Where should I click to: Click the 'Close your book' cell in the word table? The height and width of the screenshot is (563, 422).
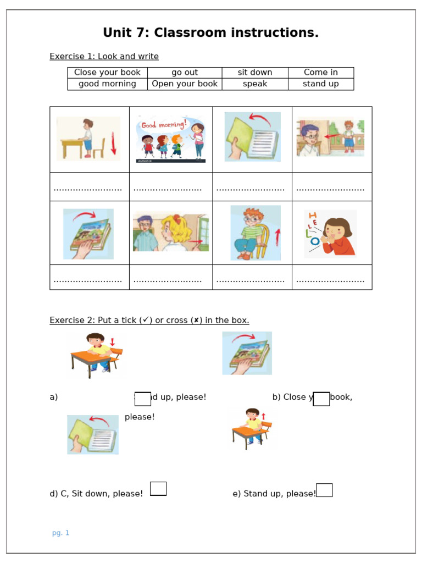click(107, 73)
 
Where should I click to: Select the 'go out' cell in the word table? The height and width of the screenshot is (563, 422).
click(185, 73)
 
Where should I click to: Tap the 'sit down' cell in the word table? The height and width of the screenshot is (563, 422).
click(255, 73)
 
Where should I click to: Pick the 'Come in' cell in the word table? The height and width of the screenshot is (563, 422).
click(321, 73)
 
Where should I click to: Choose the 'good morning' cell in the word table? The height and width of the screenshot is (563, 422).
click(107, 84)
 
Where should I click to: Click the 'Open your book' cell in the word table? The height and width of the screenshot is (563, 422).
click(185, 84)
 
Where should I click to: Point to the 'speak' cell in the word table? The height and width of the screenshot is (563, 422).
click(255, 84)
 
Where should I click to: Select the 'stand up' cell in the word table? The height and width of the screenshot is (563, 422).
click(321, 84)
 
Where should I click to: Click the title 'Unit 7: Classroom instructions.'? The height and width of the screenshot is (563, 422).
click(210, 33)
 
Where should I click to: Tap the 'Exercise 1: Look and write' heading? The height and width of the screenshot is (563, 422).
click(104, 57)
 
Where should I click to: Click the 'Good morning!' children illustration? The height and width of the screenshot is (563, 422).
click(171, 139)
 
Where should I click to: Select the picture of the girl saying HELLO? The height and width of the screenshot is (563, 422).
click(331, 233)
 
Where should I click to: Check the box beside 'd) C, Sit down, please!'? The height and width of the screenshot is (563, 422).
click(158, 488)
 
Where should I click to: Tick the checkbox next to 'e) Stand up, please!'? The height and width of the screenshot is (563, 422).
click(324, 490)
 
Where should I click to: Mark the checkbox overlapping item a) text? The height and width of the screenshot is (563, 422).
click(143, 399)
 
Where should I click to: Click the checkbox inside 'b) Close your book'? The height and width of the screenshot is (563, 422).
click(321, 399)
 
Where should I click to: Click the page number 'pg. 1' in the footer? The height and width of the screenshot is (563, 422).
click(60, 533)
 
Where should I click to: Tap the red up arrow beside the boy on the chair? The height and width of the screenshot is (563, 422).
click(277, 237)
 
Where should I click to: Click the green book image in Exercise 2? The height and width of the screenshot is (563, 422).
click(93, 434)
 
